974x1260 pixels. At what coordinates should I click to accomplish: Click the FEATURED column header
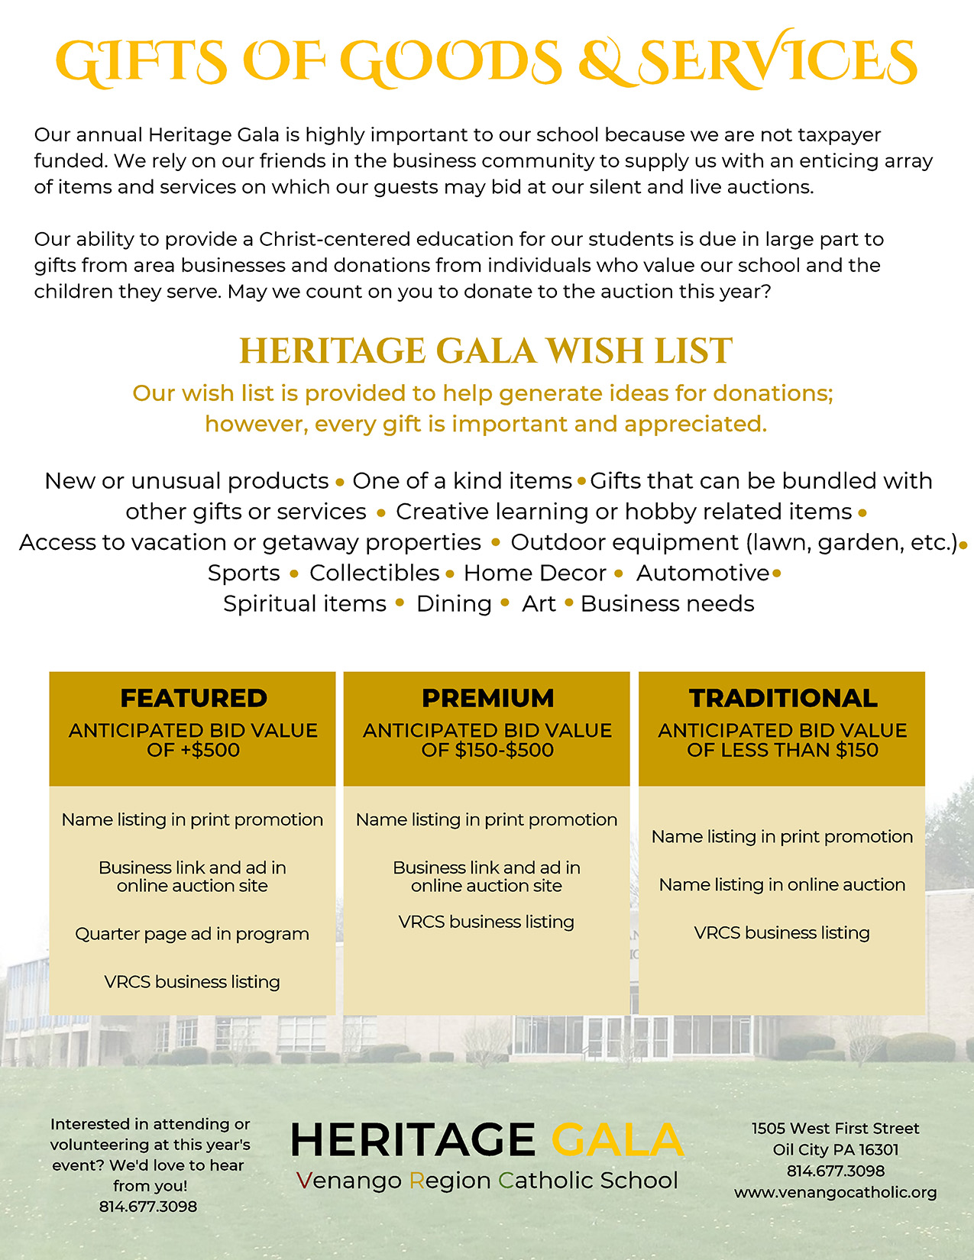(193, 698)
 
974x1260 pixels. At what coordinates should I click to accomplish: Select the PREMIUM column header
(487, 698)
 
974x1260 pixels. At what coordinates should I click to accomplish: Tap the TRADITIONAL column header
(783, 698)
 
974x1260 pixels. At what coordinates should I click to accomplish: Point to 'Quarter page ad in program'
(192, 934)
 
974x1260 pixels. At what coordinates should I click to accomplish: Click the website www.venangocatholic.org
(835, 1192)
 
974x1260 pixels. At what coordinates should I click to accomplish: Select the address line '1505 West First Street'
(835, 1128)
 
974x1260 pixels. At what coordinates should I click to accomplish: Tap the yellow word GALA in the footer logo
(616, 1140)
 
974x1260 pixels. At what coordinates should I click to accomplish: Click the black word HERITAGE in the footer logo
(413, 1140)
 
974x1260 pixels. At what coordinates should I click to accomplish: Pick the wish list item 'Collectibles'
(374, 573)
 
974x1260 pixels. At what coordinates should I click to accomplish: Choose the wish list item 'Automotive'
(703, 573)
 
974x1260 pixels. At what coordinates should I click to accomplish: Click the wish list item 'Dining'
(454, 604)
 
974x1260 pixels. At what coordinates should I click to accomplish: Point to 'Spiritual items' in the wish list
(305, 604)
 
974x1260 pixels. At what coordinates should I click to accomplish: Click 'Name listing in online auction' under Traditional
(782, 884)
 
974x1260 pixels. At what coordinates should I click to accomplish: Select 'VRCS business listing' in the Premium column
(487, 922)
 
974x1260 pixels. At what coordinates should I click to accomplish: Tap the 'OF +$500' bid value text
(193, 750)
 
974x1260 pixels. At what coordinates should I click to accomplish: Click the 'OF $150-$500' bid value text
(487, 750)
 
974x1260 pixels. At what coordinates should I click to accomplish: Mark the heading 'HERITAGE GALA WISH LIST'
(486, 351)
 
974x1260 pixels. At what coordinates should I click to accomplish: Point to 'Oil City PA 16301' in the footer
(835, 1149)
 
